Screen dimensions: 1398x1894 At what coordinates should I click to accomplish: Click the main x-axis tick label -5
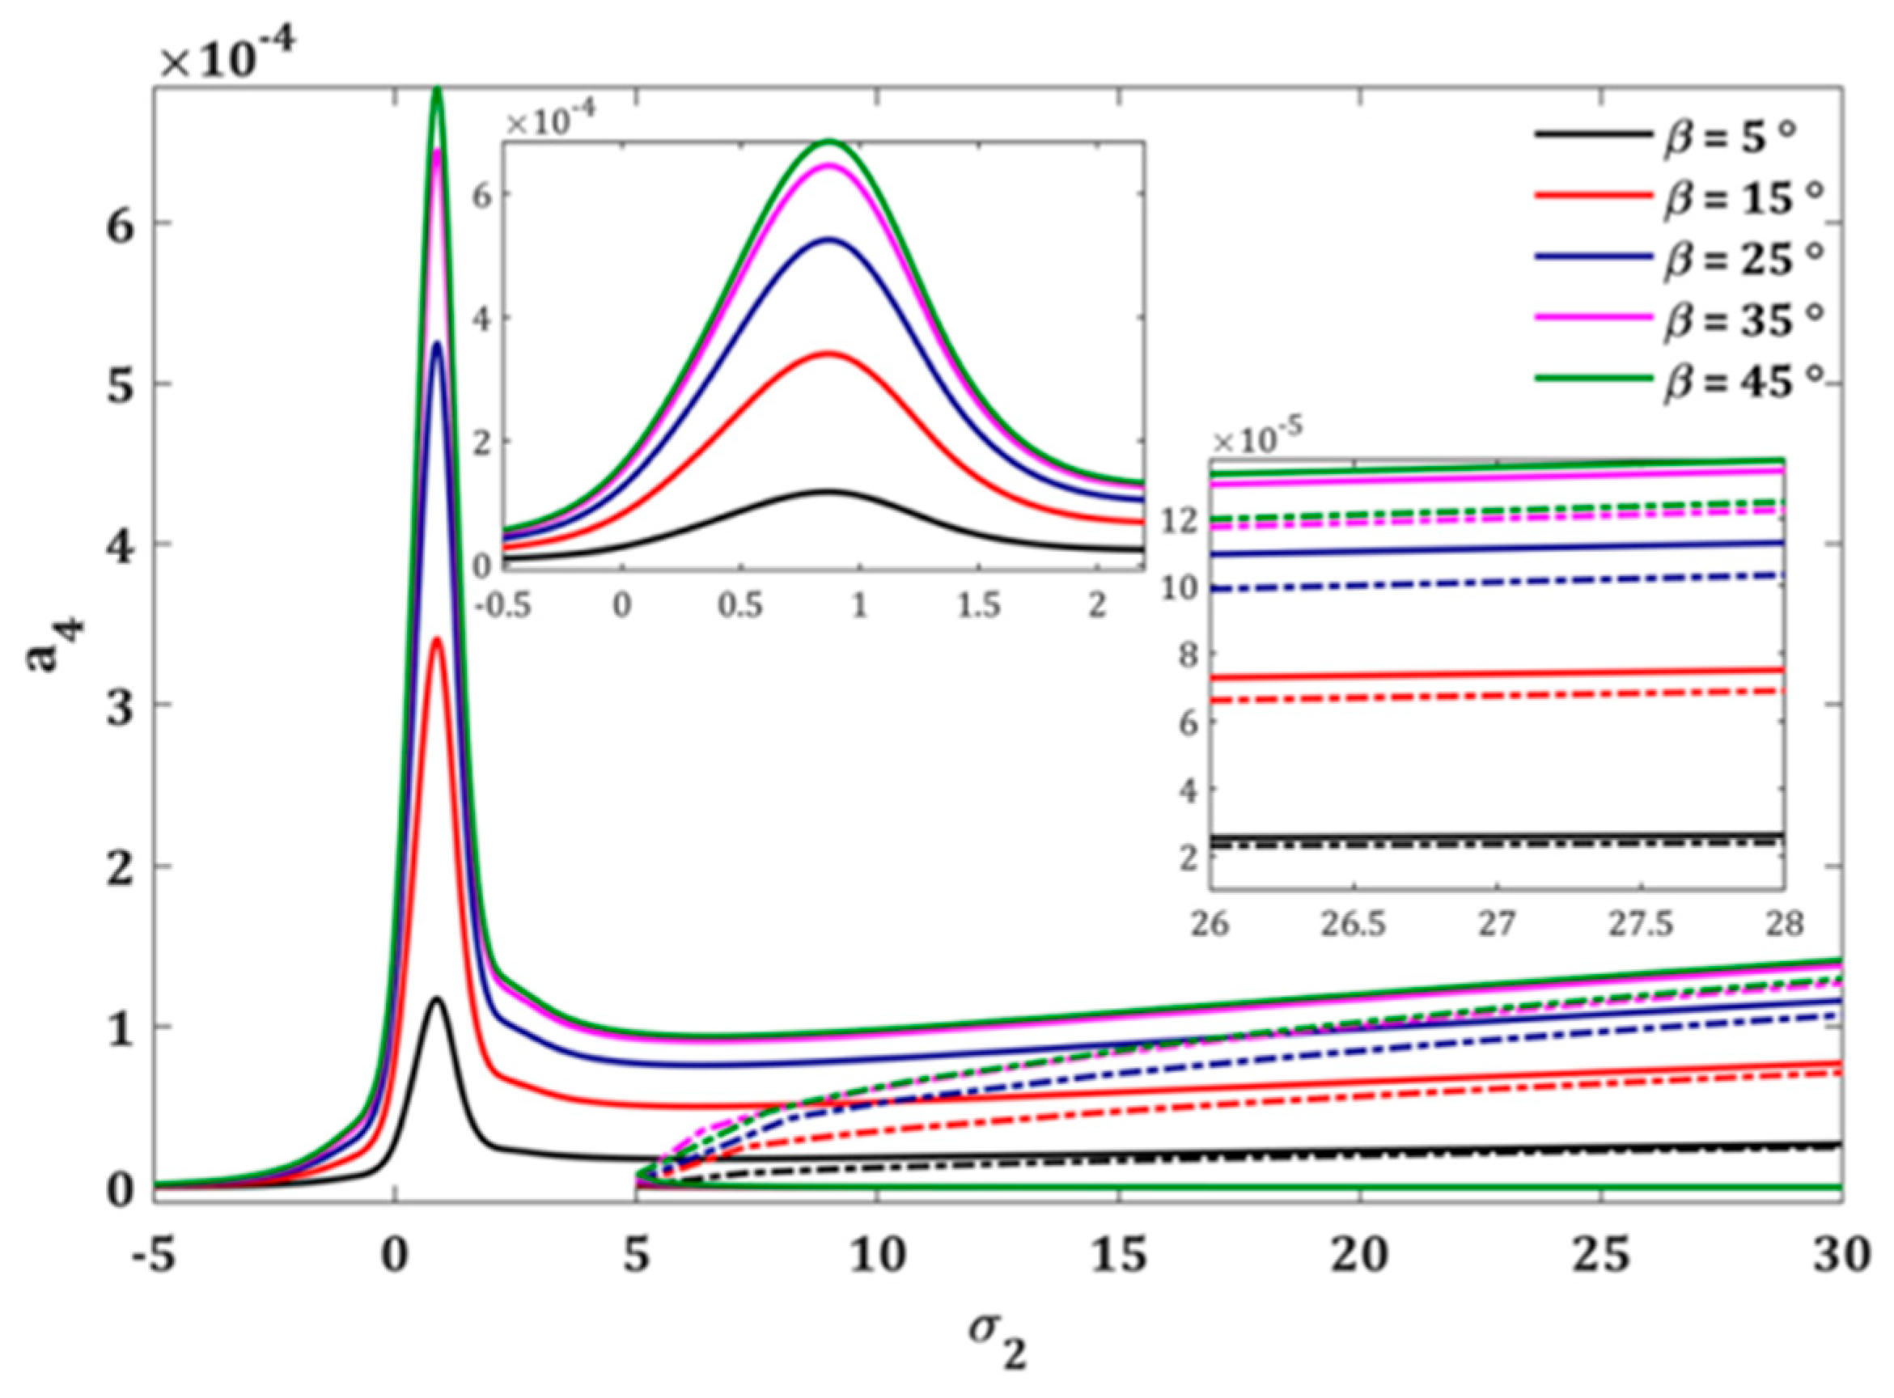coord(153,1256)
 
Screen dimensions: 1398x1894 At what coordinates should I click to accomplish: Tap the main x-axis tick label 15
coord(1119,1256)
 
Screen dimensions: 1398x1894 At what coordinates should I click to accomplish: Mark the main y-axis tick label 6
coord(121,223)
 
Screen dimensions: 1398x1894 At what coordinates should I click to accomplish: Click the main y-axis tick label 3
coord(121,705)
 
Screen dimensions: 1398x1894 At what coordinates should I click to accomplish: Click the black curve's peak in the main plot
coord(437,999)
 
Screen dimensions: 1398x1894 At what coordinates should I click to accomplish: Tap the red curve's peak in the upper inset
coord(828,354)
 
